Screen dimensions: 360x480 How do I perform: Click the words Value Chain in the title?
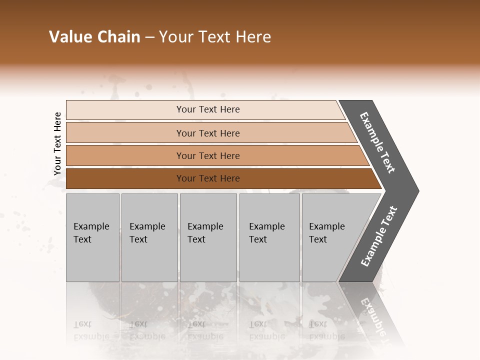94,37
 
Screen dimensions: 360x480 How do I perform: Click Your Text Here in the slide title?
215,37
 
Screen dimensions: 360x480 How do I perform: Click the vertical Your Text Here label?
57,143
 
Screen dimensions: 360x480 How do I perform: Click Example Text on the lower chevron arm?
379,236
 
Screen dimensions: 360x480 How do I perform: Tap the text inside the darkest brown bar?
208,178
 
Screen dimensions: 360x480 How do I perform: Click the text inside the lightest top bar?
208,109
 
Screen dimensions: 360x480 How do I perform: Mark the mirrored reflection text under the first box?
91,330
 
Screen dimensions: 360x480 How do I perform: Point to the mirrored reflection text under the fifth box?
326,330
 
